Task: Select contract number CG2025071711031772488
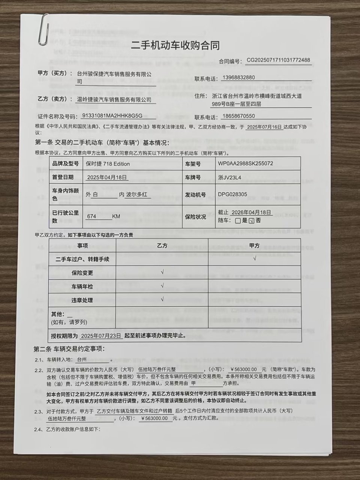tap(278, 60)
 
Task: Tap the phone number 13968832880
tap(238, 78)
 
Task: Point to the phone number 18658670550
tap(238, 116)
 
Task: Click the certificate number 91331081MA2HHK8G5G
tap(112, 115)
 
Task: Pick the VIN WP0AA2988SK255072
tap(245, 163)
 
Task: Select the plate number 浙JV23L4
tap(229, 177)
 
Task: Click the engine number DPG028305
tap(232, 194)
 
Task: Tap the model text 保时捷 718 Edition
tap(108, 164)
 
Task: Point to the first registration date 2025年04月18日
tap(107, 177)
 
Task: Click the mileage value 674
tap(91, 216)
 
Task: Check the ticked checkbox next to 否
tap(252, 220)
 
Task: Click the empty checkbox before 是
tap(238, 220)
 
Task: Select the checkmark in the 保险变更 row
tap(162, 272)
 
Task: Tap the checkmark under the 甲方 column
tap(255, 258)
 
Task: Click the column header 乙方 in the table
tap(162, 245)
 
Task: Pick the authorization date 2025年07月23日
tap(101, 336)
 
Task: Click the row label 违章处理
tap(82, 300)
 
